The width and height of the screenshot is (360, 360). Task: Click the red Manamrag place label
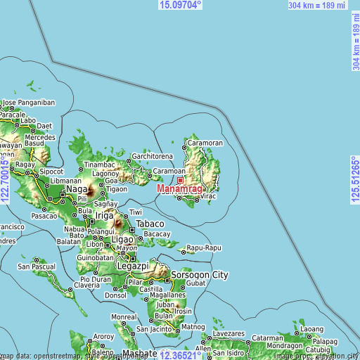[180, 189]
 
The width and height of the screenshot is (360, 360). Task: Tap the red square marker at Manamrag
[180, 180]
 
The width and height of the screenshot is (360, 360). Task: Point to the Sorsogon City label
[200, 274]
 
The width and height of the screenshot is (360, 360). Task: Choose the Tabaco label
[150, 224]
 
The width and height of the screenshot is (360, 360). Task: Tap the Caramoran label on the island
[205, 143]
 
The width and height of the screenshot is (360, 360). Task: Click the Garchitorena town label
[151, 156]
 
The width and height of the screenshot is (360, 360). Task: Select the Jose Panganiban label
[28, 102]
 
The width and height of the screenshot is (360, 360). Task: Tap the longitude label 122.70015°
[6, 180]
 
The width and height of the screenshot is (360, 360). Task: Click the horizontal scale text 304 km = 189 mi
[317, 5]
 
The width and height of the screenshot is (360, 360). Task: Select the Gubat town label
[196, 283]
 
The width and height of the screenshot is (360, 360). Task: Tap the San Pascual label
[37, 266]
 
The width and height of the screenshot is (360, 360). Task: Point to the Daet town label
[44, 126]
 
